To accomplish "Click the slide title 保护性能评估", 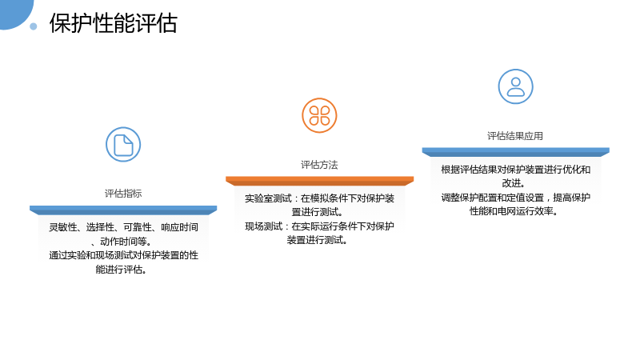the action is point(113,23).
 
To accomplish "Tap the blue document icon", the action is point(123,145).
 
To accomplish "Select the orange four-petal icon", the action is point(319,115).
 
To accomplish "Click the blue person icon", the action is point(515,86).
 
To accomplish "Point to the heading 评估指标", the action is point(123,194).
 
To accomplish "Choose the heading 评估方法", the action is point(319,165).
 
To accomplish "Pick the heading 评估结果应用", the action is point(515,136).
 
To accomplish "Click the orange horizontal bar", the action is point(319,181).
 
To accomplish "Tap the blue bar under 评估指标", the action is point(123,210).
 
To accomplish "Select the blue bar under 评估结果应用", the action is point(515,152).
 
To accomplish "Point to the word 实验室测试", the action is point(268,198).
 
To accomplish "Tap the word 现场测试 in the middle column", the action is point(263,226).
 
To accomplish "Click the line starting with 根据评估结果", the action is point(515,170).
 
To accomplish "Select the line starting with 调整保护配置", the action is point(515,198).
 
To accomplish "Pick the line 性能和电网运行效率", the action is point(514,211).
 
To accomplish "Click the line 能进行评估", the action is point(122,270).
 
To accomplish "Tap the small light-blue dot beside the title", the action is point(34,26).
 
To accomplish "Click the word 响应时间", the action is point(179,227).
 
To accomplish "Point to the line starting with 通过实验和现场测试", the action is point(124,255).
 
